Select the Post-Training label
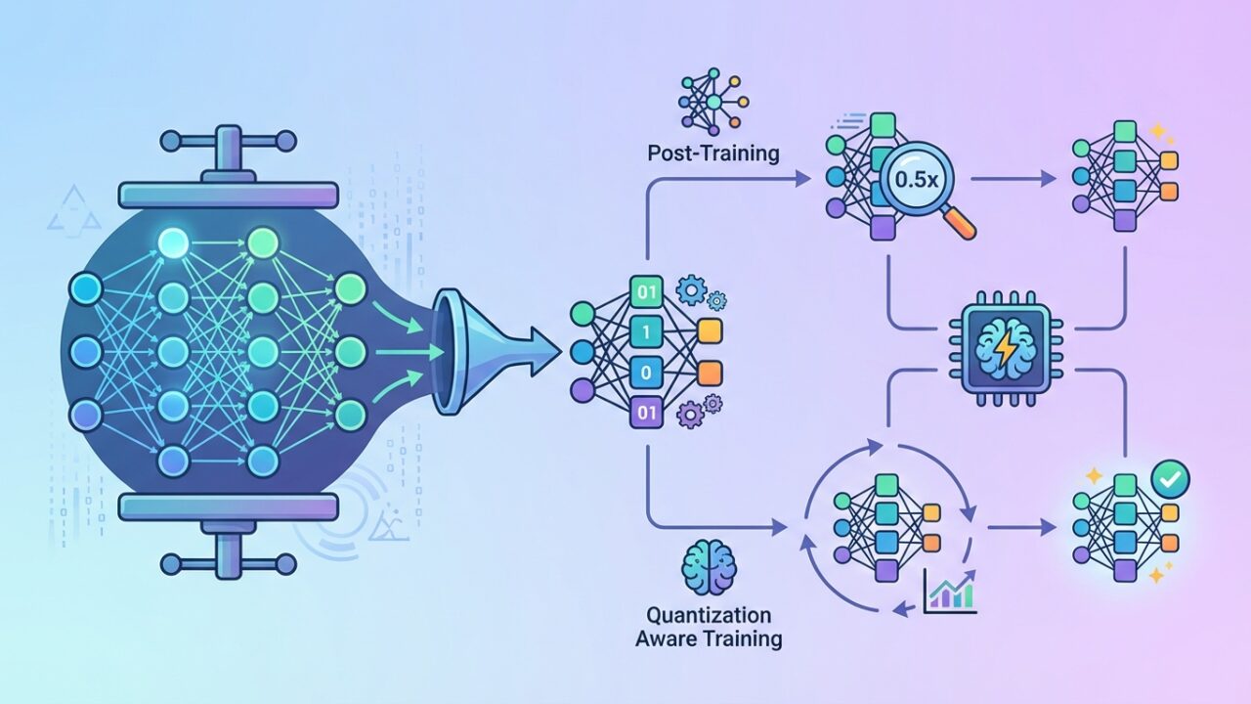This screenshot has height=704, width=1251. pos(713,153)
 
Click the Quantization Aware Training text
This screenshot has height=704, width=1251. pos(709,627)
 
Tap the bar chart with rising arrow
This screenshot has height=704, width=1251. pos(949,592)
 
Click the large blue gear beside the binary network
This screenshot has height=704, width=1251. pos(691,288)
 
